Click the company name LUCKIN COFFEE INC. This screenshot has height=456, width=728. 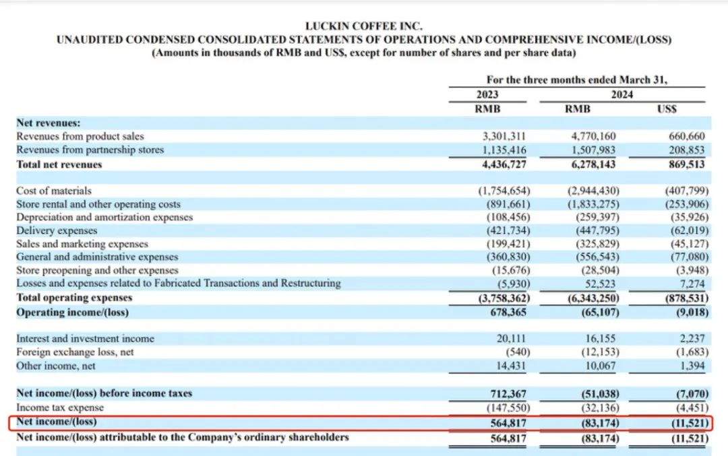[364, 26]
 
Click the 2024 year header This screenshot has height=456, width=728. [621, 95]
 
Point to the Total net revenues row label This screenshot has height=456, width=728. [59, 164]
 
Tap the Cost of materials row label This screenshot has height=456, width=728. [54, 191]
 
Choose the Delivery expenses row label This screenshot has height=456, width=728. [57, 230]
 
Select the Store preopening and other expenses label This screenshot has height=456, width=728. [93, 270]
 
